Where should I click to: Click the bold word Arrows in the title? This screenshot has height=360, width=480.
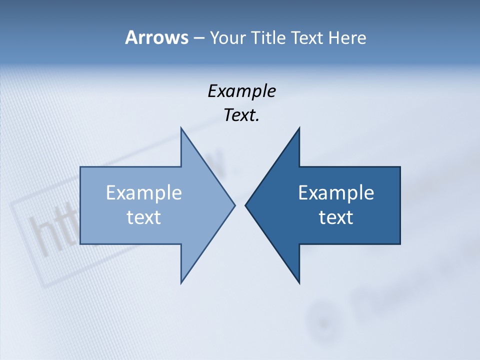coord(156,37)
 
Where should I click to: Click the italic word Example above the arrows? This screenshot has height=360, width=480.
coord(241,91)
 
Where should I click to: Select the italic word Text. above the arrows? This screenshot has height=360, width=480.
coord(241,115)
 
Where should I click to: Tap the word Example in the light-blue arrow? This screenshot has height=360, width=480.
coord(144,192)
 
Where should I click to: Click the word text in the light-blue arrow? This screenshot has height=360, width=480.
coord(144,217)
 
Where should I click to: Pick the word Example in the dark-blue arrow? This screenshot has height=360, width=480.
coord(336,192)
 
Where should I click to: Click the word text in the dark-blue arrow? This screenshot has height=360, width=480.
coord(336,217)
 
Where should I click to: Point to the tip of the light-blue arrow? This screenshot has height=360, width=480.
coord(234,205)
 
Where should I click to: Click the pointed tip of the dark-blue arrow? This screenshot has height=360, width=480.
coord(245,205)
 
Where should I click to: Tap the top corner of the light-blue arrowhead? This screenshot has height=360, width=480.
coord(181,128)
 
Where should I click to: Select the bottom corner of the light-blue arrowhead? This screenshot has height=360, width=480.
coord(181,283)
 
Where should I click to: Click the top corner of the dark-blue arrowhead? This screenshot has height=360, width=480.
coord(299,128)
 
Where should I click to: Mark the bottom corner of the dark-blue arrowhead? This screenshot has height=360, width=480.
coord(299,283)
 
